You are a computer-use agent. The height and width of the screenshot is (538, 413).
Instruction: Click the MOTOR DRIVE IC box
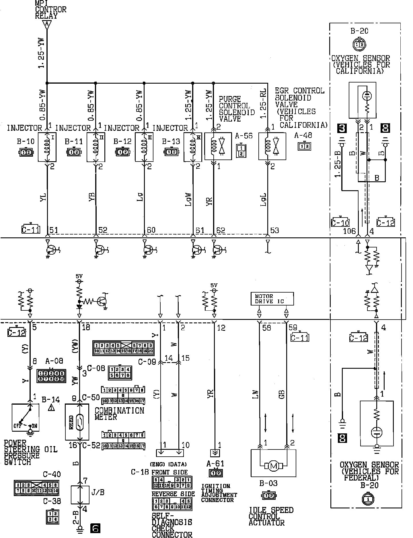[272, 299]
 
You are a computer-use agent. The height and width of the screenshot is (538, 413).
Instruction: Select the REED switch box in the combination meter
[77, 422]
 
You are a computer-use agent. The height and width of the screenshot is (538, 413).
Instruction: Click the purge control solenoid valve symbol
[218, 146]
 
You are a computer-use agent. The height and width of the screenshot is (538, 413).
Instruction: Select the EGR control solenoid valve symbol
[272, 146]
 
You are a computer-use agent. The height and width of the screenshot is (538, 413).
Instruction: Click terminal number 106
[349, 231]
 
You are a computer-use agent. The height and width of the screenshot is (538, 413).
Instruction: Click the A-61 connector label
[216, 463]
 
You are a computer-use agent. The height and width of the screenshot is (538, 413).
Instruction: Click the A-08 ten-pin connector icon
[51, 376]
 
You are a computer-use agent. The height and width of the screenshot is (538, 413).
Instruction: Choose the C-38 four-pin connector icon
[53, 517]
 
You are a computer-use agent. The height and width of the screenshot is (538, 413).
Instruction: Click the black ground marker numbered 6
[95, 528]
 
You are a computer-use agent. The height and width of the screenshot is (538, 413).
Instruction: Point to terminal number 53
[274, 230]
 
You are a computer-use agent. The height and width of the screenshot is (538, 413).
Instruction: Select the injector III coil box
[144, 147]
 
